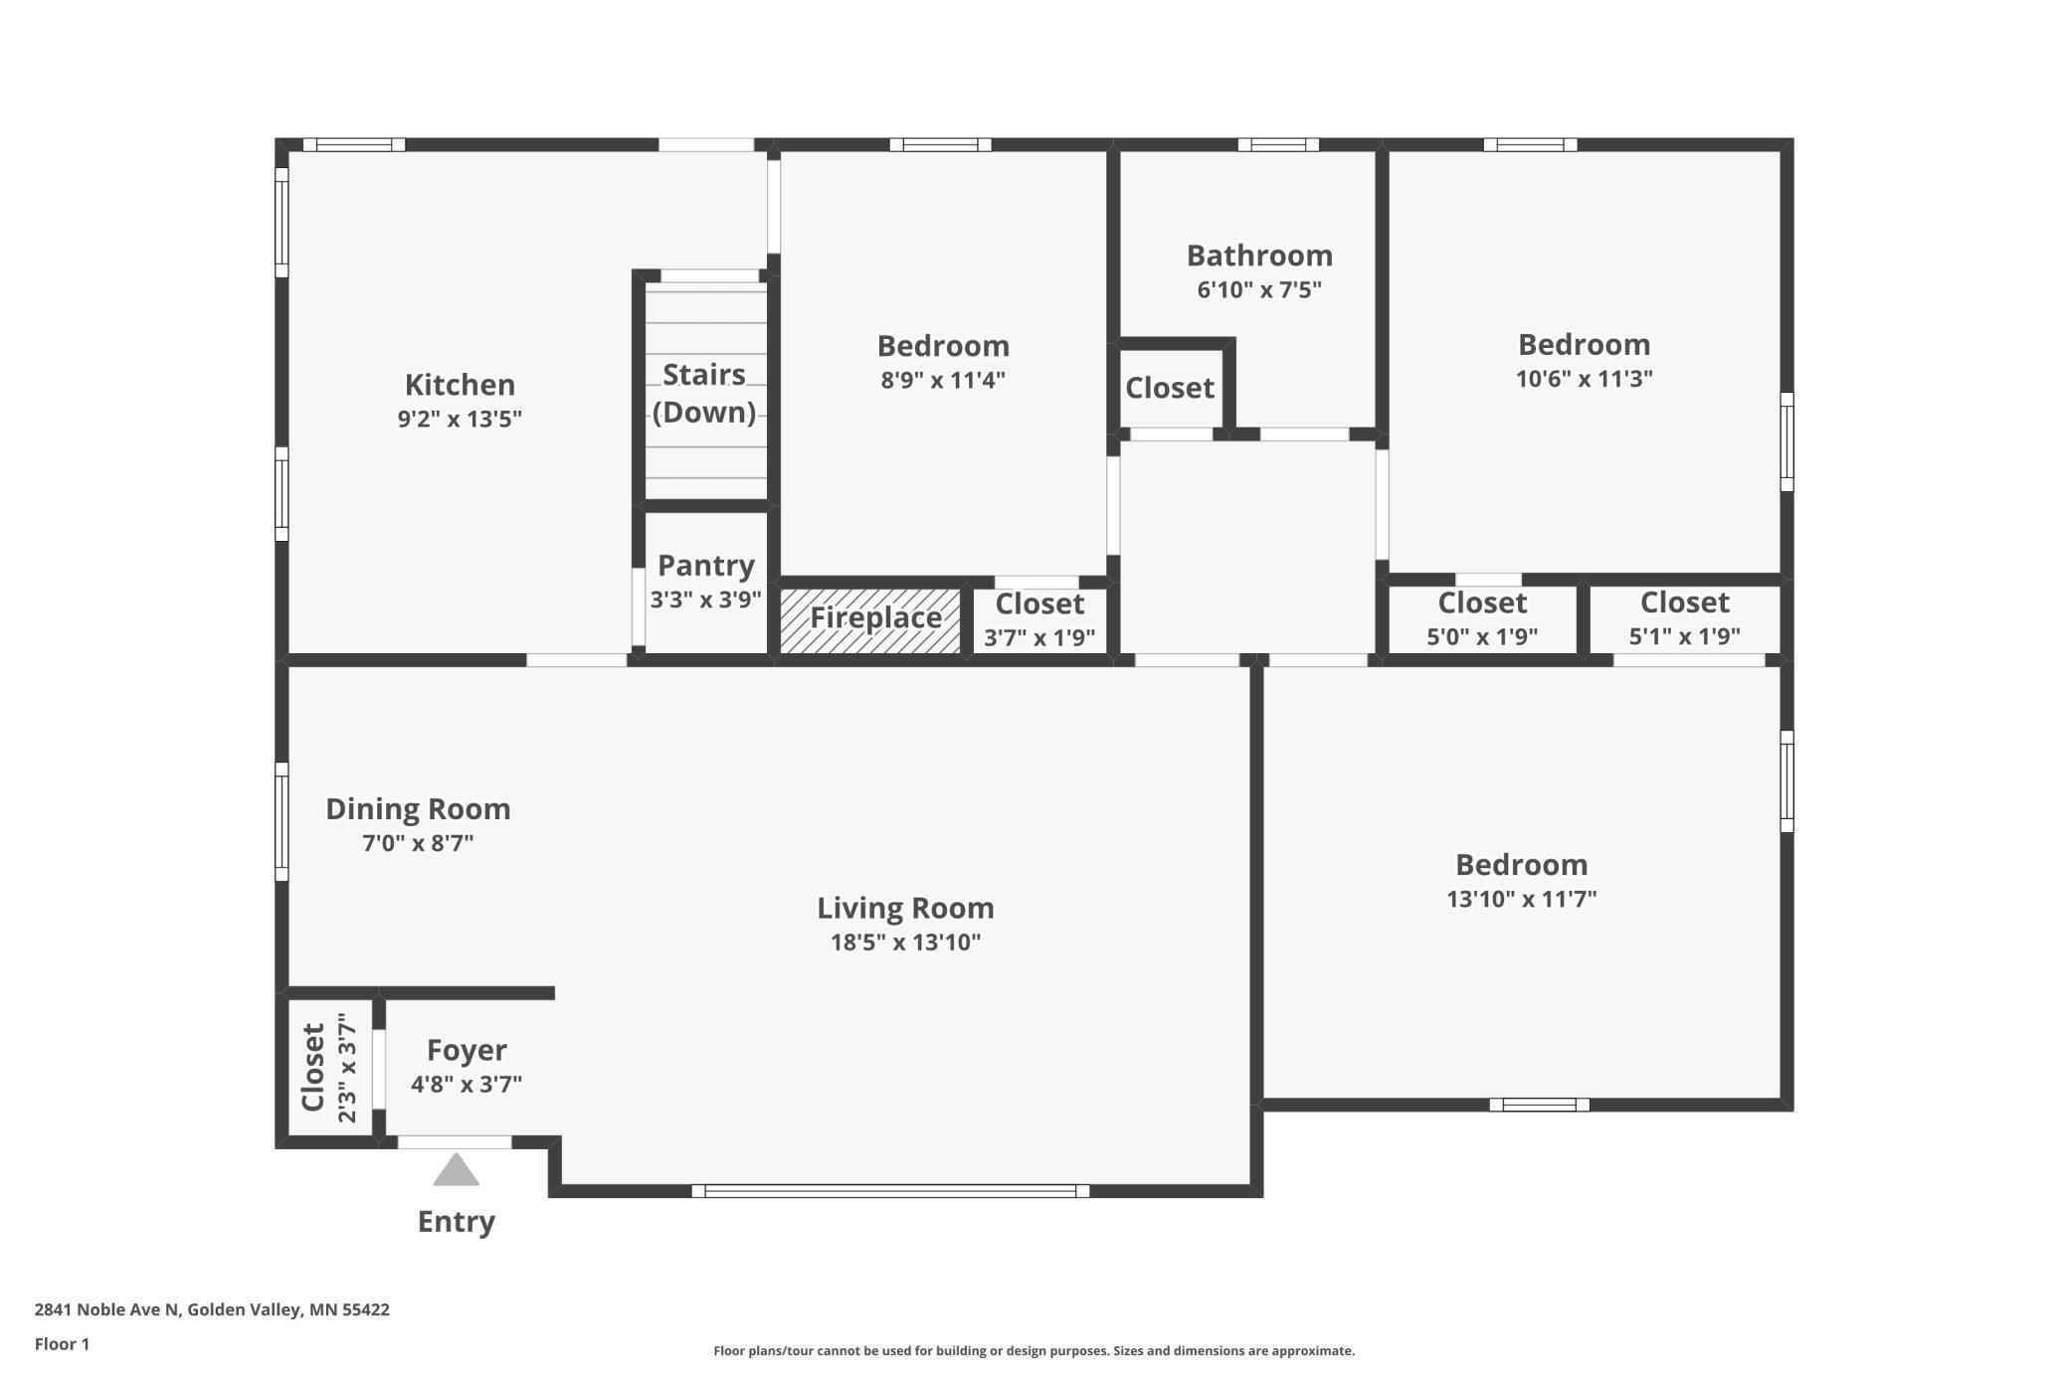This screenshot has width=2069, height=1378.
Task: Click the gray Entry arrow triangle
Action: [x=456, y=1169]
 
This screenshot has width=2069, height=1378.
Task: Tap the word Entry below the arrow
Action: [x=457, y=1222]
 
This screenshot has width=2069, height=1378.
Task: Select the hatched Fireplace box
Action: [x=869, y=620]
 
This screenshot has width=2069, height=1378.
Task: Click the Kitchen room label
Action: [x=460, y=385]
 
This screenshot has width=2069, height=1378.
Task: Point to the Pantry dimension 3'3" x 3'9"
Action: [x=706, y=600]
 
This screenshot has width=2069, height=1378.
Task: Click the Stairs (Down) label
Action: [x=704, y=394]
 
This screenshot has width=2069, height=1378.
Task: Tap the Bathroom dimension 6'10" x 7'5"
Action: [x=1259, y=289]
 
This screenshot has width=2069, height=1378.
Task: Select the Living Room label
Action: [x=905, y=908]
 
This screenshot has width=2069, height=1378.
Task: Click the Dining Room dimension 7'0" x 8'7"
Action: [x=418, y=843]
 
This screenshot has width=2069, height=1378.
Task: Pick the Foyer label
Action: [x=467, y=1051]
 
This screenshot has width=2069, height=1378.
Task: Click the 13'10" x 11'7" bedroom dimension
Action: [x=1522, y=899]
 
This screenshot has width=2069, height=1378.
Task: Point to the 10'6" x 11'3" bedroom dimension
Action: [x=1585, y=379]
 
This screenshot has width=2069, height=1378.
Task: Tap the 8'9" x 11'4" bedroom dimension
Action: [x=943, y=380]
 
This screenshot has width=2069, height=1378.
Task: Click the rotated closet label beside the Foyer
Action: [x=313, y=1068]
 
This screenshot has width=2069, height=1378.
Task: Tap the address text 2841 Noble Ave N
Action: [x=106, y=1309]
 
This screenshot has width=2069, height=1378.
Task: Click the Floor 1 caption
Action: [x=62, y=1344]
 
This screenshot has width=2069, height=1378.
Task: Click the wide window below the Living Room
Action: [x=890, y=1191]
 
